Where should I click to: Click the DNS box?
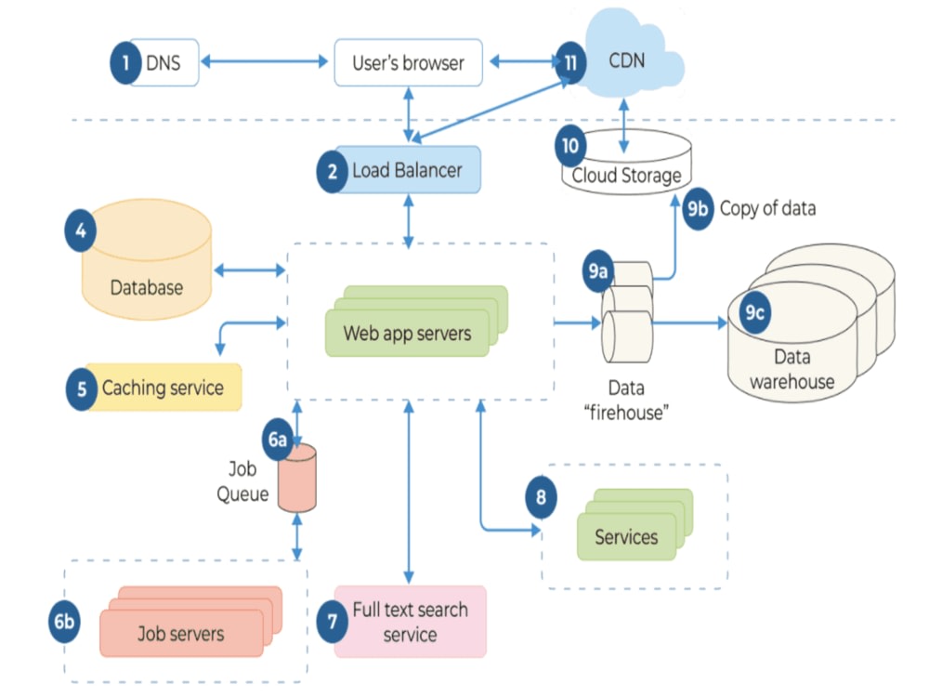tap(164, 63)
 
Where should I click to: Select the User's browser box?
tap(408, 63)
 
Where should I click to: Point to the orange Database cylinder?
tap(147, 270)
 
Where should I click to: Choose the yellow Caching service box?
tap(163, 388)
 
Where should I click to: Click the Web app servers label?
tap(407, 333)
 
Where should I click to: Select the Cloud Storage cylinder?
tap(626, 167)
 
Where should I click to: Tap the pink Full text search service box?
tap(410, 622)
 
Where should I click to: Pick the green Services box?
tap(626, 536)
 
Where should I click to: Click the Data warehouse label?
tap(792, 369)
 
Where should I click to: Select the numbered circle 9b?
tap(697, 208)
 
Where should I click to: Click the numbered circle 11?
tap(569, 63)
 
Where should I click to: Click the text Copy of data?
tap(767, 208)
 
